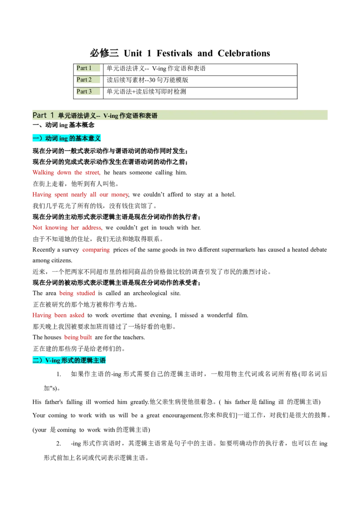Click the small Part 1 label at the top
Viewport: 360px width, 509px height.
[x=84, y=68]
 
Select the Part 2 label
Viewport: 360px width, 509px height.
[x=84, y=80]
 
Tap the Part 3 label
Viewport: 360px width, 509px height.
[x=84, y=91]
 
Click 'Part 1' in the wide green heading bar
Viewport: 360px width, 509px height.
[x=43, y=115]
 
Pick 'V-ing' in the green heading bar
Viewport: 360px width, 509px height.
[x=111, y=116]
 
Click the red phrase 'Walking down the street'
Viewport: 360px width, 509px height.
[x=67, y=173]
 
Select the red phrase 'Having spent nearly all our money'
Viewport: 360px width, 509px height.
[x=81, y=195]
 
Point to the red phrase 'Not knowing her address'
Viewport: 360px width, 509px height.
[x=67, y=228]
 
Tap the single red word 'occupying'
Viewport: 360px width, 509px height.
[x=96, y=250]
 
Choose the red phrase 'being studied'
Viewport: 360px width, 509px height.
[x=77, y=294]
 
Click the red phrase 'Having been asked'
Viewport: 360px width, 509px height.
[x=59, y=316]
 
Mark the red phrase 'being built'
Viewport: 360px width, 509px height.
[x=78, y=337]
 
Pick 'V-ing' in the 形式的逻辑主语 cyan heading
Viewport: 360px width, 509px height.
[x=52, y=361]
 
